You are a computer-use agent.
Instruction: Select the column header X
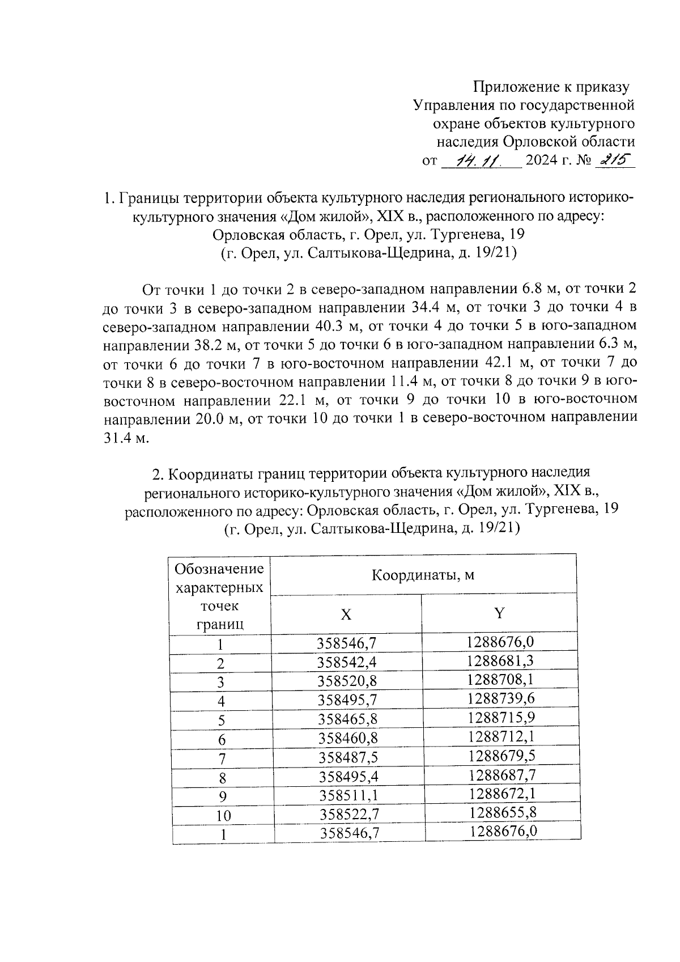346,615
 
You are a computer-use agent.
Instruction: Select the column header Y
499,613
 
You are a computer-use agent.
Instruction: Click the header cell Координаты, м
423,575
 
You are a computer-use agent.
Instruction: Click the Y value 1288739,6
501,698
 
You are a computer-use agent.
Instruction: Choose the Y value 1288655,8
503,812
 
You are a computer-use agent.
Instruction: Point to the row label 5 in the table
222,721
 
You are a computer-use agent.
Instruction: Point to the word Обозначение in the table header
220,569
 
